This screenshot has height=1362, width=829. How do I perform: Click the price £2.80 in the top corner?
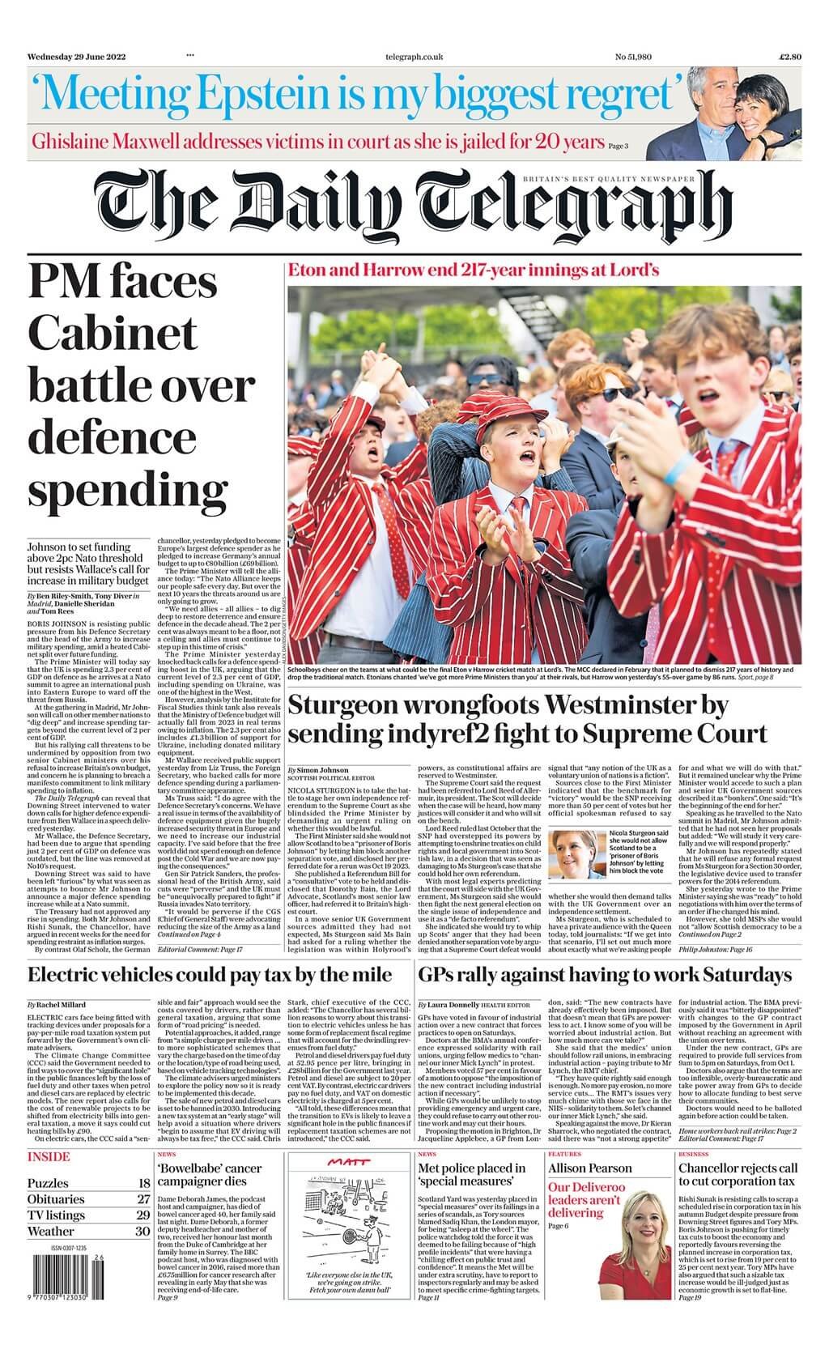coord(789,57)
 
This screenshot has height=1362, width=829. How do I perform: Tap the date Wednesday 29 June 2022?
coord(75,57)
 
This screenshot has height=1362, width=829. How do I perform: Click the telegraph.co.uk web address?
coord(414,57)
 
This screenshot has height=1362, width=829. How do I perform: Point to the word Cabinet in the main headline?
coord(113,333)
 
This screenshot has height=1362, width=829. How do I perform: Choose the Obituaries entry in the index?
coord(56,1199)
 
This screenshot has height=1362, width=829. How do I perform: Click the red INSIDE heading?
coord(49,1156)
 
